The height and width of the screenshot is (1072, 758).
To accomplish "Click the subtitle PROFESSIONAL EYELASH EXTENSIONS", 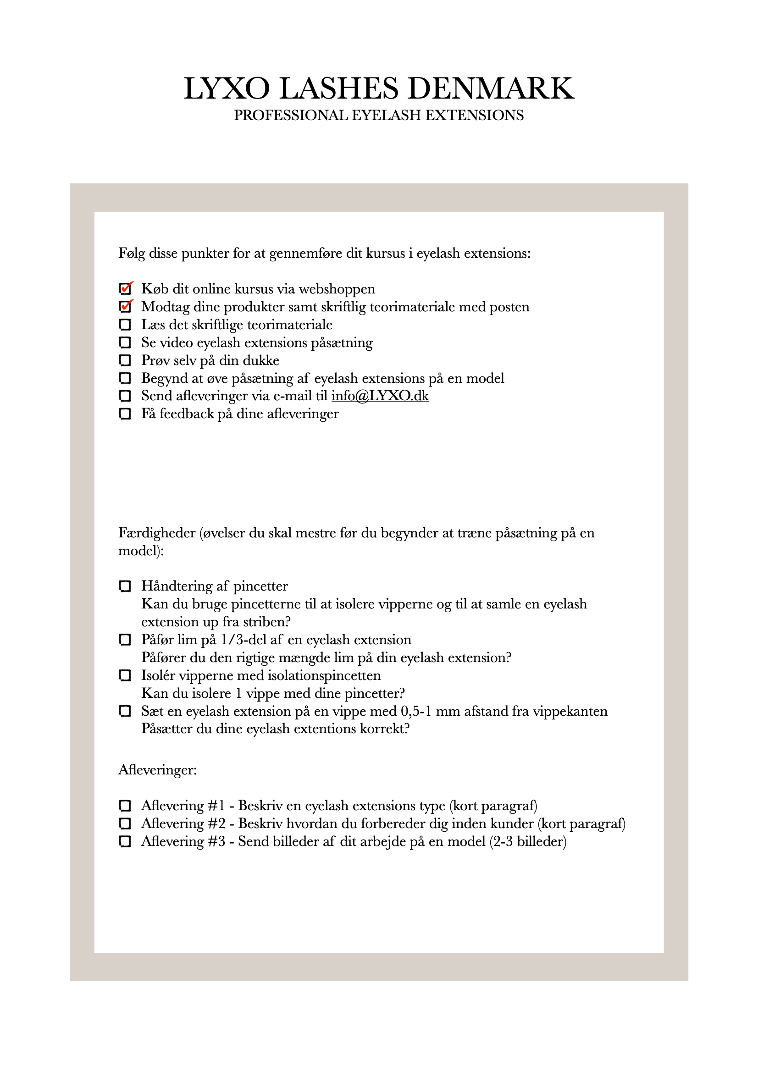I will (379, 116).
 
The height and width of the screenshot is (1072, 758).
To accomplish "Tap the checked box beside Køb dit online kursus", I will (125, 289).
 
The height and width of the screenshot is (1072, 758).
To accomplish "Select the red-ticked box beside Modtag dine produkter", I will (125, 307).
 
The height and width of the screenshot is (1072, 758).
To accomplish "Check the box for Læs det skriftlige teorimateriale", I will (125, 325).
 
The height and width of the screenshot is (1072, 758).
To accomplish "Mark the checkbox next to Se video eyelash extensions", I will (125, 342).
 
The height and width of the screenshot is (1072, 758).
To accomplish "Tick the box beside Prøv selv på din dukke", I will (125, 360).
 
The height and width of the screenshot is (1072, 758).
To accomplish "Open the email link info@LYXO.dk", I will (380, 396).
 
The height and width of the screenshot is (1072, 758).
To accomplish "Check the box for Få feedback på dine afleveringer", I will (125, 414).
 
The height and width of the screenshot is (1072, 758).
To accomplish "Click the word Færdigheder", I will (157, 533).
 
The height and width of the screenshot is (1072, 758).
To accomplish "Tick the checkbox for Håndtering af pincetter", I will (125, 586).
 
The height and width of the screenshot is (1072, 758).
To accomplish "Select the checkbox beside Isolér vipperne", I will (125, 675).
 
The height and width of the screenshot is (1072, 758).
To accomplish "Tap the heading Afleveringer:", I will (157, 770).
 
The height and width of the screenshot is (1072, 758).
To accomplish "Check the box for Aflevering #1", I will (125, 806).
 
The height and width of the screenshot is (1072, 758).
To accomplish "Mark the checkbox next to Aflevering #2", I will (125, 823).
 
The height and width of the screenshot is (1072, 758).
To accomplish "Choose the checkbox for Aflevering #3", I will (125, 841).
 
